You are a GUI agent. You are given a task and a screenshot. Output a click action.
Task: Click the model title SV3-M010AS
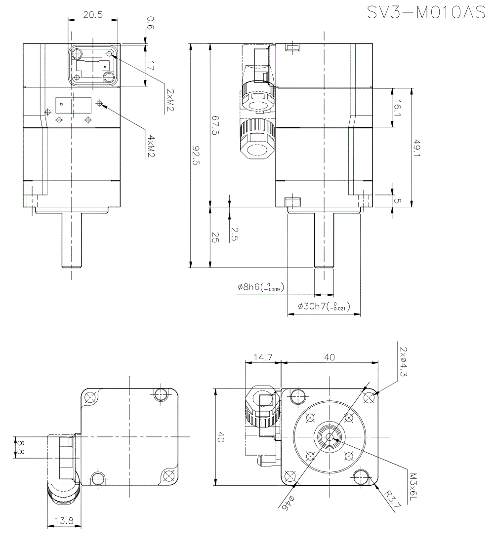tap(426, 12)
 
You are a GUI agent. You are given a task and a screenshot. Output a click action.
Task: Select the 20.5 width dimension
tap(93, 15)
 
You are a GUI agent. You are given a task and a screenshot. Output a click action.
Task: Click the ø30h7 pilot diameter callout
tap(323, 307)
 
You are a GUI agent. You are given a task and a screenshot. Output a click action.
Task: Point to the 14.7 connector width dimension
tap(262, 357)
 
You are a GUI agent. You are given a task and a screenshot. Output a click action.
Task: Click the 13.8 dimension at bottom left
tap(64, 520)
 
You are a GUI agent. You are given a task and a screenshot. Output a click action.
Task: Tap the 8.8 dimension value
tap(20, 447)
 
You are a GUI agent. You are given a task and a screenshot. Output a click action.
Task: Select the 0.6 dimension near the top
tap(150, 23)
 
